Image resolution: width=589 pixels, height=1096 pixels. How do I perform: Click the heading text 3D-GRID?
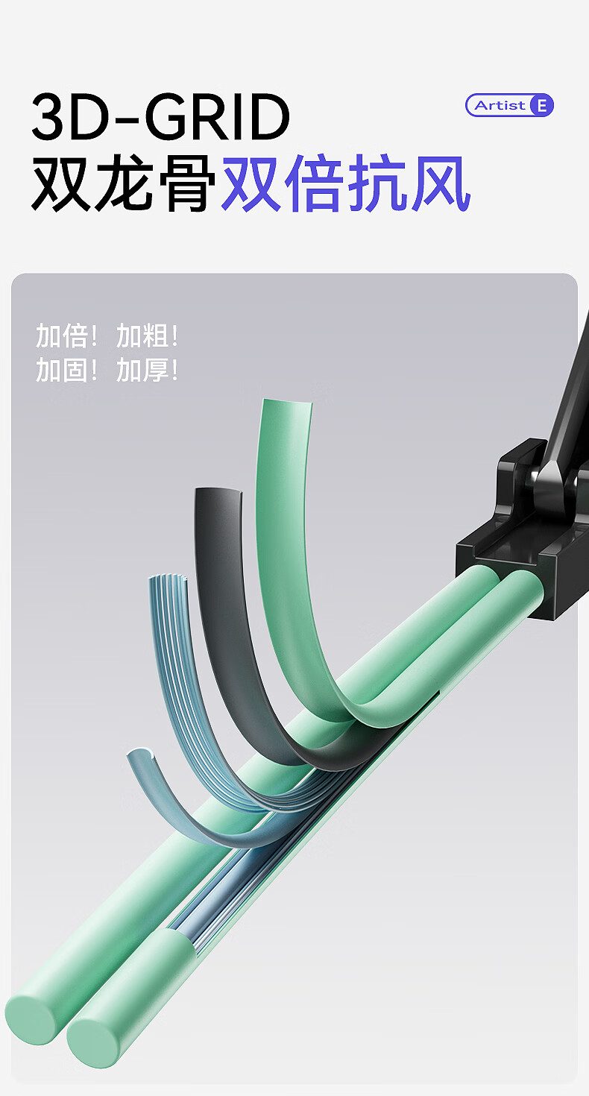point(161,116)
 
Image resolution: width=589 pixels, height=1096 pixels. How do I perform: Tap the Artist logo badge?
point(509,105)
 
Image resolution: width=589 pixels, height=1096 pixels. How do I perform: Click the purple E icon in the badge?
point(541,105)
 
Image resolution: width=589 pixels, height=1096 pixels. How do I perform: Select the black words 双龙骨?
point(123,183)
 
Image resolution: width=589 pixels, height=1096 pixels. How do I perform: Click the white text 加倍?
point(66,336)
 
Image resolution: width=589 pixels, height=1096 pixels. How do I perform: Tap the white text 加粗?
point(147,336)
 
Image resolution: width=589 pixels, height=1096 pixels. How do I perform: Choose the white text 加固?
point(66,370)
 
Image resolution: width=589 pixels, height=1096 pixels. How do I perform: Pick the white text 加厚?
point(147,370)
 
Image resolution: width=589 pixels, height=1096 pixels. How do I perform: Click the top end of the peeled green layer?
point(287,403)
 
